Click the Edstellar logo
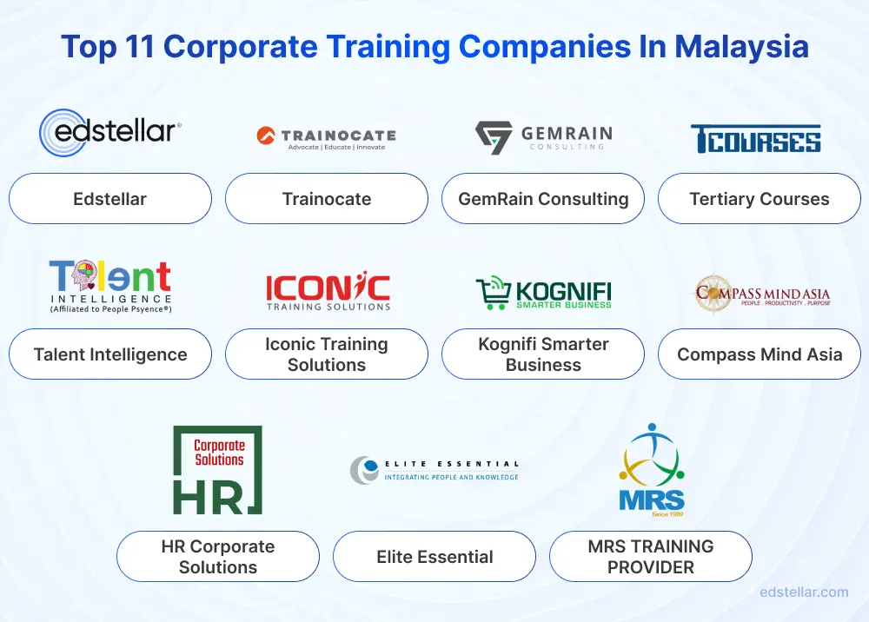pos(109,132)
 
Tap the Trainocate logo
pos(326,137)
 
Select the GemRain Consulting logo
pos(543,137)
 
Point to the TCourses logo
pos(756,138)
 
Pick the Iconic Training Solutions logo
pos(327,292)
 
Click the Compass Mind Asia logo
pos(762,294)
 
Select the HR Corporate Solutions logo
pos(217,469)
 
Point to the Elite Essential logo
pos(434,470)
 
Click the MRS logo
pos(651,469)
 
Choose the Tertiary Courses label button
pos(759,199)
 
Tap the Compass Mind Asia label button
pos(759,354)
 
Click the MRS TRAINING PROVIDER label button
pos(650,557)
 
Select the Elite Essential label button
pos(434,557)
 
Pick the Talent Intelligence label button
pos(110,354)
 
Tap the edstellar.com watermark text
pos(804,592)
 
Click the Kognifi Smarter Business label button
pos(543,354)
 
